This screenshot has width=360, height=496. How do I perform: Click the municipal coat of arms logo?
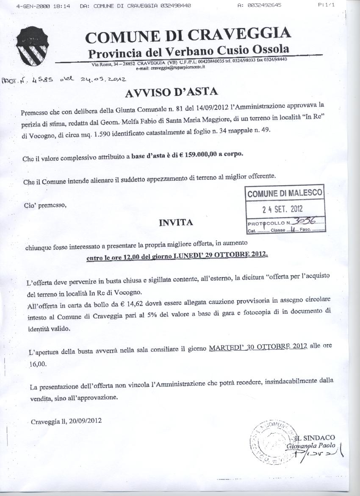click(31, 45)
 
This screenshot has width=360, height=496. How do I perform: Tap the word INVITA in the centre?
click(176, 222)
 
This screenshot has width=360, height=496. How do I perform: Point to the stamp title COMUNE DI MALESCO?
click(285, 194)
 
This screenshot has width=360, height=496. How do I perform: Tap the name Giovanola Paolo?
click(311, 446)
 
